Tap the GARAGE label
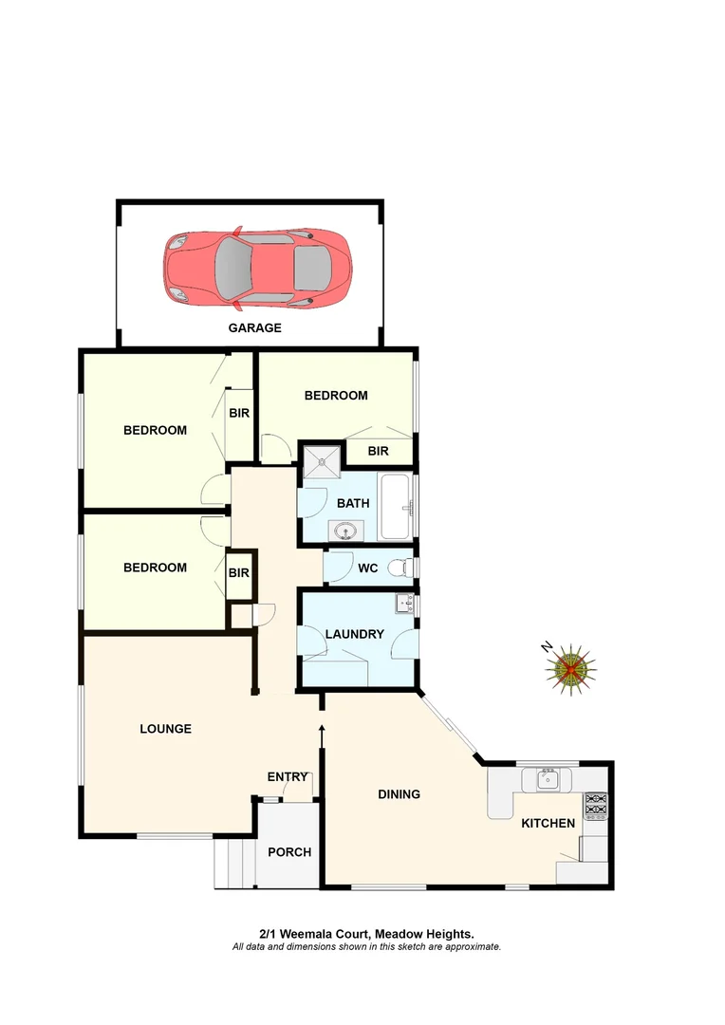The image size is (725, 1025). click(254, 328)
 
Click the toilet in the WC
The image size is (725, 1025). click(405, 568)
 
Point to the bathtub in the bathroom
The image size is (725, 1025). click(395, 506)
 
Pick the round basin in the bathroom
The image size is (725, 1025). click(343, 530)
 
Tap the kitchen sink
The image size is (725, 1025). click(548, 780)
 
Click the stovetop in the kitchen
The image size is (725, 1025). click(595, 806)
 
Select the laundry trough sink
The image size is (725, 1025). click(405, 604)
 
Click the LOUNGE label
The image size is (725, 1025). click(166, 729)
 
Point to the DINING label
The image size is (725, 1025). click(399, 794)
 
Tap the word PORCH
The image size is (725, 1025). click(289, 852)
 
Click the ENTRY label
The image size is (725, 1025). click(288, 777)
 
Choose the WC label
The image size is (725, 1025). click(368, 569)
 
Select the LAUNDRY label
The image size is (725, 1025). click(354, 634)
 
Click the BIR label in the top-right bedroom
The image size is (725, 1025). click(378, 452)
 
